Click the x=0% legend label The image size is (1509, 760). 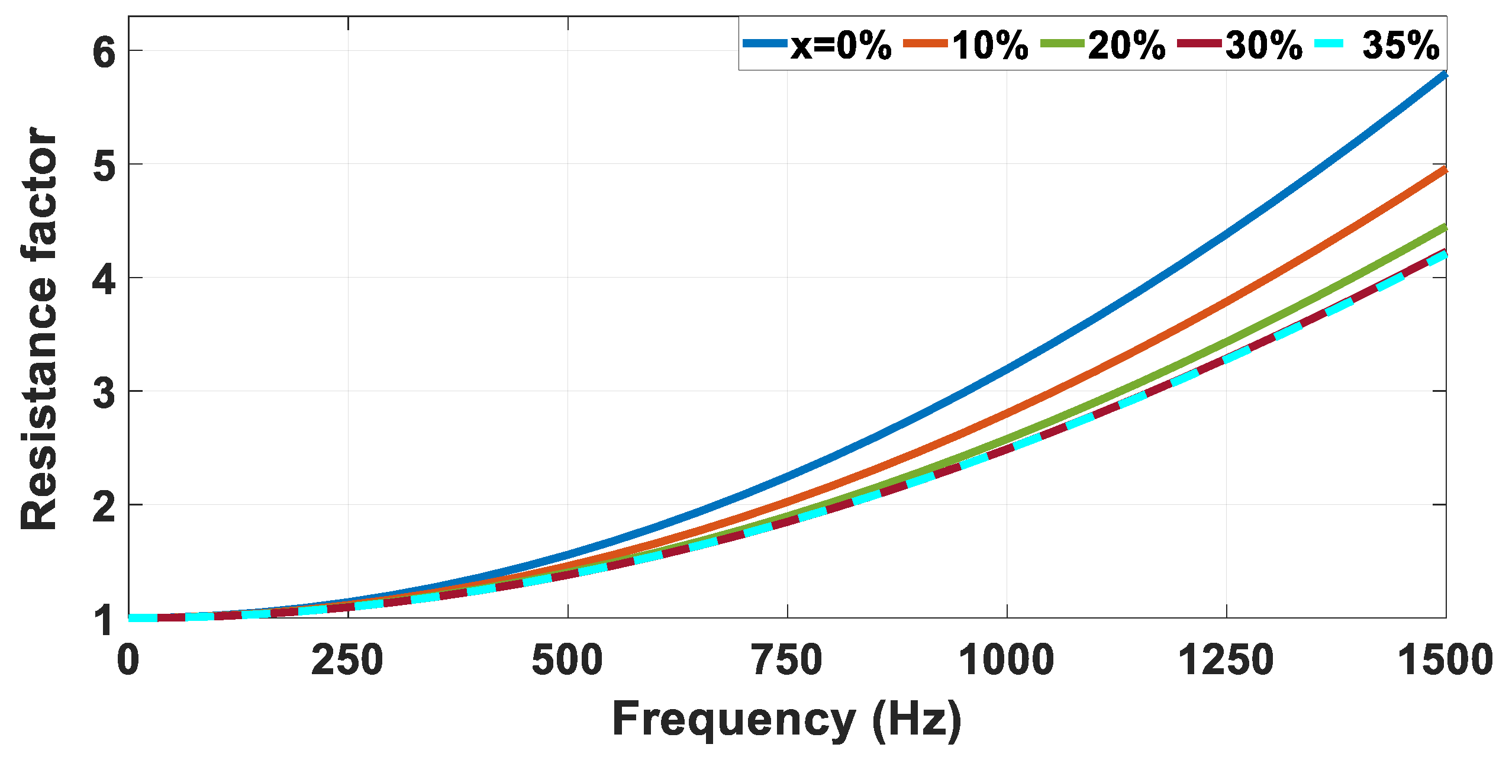tap(841, 45)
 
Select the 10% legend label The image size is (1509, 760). tap(990, 45)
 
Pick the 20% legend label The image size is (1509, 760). tap(1127, 45)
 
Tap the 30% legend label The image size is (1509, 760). tap(1264, 45)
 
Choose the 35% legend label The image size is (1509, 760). tap(1401, 45)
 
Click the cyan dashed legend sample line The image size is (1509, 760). tap(1329, 43)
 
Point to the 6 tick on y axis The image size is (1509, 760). tap(104, 52)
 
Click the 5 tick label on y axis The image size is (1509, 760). tap(104, 165)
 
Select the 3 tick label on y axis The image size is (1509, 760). tap(104, 392)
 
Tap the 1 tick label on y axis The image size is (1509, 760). tap(105, 620)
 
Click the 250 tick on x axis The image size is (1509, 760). tap(347, 661)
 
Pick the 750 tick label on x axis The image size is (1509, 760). tap(787, 661)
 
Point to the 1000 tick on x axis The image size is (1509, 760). tap(1007, 661)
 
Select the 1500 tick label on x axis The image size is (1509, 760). tap(1445, 661)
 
